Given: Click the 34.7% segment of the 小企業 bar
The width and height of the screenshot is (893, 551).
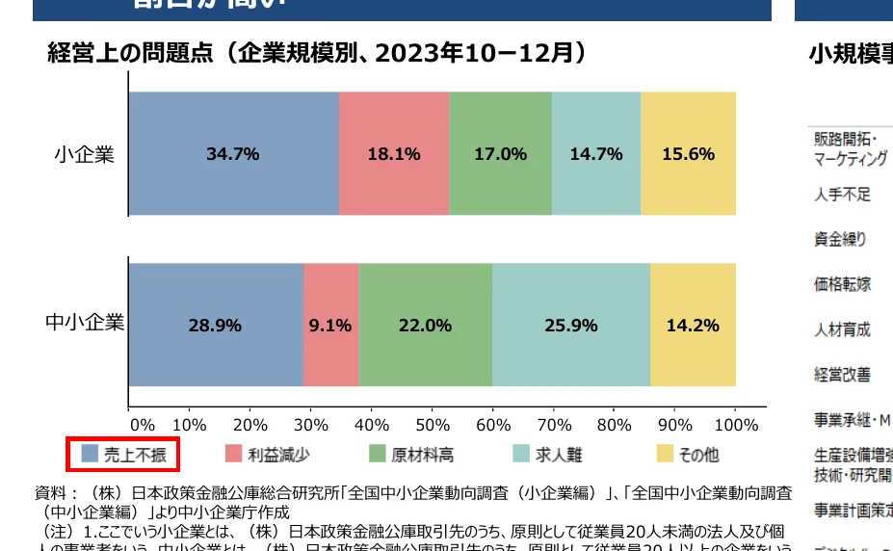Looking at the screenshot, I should click(x=233, y=154).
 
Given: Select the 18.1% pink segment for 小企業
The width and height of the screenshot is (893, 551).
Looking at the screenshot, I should click(x=393, y=154).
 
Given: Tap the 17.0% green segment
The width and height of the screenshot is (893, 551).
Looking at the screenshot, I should click(x=500, y=154).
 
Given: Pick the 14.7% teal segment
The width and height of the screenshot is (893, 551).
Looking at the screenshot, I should click(x=595, y=154).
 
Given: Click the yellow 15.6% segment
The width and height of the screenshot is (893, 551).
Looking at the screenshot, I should click(x=688, y=154).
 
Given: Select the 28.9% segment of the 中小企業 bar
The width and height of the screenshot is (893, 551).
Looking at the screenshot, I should click(x=215, y=325).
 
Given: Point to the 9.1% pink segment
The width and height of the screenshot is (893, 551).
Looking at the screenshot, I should click(x=330, y=325).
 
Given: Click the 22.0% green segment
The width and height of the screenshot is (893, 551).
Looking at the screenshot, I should click(x=425, y=325).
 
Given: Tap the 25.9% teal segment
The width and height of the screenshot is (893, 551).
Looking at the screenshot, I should click(x=570, y=325).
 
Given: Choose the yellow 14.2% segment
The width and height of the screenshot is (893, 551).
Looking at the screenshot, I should click(x=693, y=325).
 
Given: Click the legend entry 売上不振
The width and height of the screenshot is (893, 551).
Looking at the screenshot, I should click(x=122, y=454).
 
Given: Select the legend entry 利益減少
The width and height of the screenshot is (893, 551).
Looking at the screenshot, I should click(x=267, y=454).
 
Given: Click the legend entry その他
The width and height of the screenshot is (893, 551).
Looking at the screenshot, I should click(x=688, y=454).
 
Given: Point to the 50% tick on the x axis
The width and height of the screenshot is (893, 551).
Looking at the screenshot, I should click(x=433, y=424).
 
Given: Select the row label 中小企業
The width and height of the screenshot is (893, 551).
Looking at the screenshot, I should click(x=85, y=323).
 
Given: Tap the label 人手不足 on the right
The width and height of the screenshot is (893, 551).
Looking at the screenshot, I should click(x=843, y=195).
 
